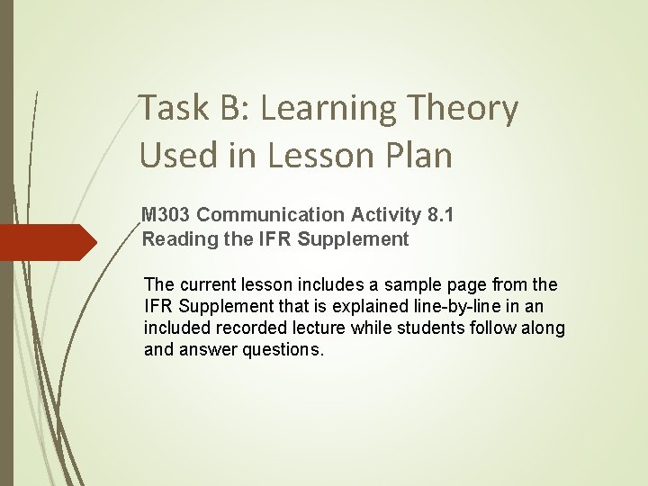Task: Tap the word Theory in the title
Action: click(473, 109)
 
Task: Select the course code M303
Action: click(166, 214)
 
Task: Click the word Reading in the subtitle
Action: click(175, 239)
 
